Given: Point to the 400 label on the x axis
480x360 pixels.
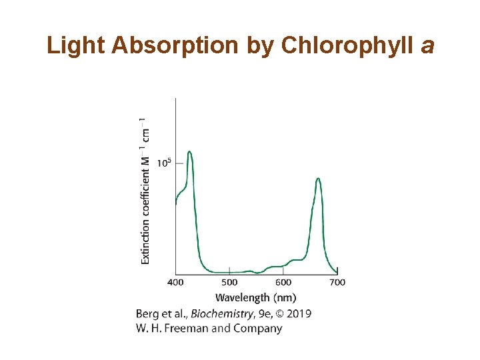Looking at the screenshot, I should (175, 283).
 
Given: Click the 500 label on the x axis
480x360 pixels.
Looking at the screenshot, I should (229, 283).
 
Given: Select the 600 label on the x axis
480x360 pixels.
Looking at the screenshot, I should (283, 283).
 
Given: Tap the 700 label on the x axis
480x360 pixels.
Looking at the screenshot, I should (337, 283).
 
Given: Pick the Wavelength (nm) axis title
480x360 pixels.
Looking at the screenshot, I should (256, 297).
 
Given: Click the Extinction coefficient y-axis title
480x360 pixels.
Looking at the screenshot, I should (145, 193).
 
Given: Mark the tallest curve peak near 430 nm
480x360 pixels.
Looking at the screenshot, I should (190, 152).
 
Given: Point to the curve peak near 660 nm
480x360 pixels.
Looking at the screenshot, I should (318, 179).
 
